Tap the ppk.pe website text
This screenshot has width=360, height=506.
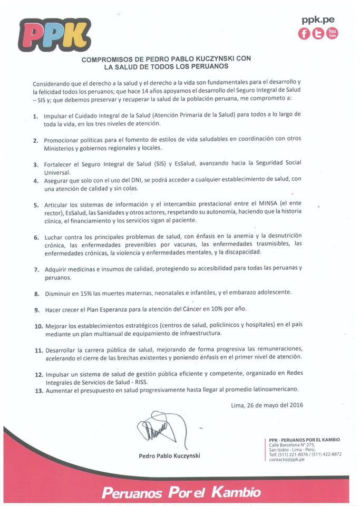(x=318, y=20)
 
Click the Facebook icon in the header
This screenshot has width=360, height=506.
(x=304, y=33)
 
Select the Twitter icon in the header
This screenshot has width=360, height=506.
(x=318, y=33)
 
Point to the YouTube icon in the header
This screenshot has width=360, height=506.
(x=332, y=33)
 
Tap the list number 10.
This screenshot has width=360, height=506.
(x=38, y=326)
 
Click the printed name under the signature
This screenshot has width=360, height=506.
(x=169, y=455)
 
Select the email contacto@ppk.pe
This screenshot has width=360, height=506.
(x=290, y=459)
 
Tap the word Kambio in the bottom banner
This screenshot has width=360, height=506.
(x=237, y=493)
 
